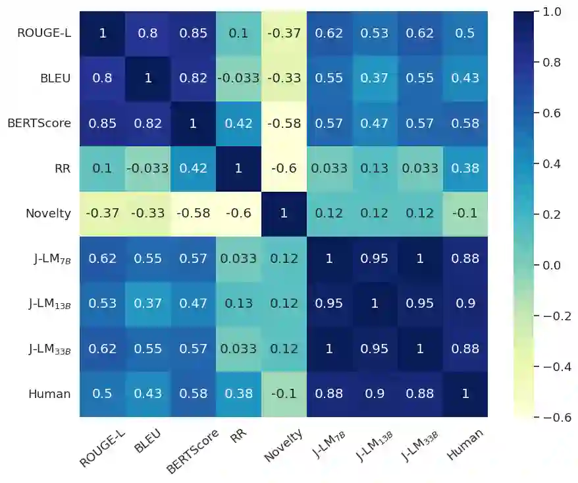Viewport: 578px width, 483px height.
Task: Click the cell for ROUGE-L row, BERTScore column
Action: click(193, 33)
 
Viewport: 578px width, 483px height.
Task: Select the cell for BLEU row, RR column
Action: click(238, 78)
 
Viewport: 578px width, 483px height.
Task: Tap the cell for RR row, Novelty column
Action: click(284, 168)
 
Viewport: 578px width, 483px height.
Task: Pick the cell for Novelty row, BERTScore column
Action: click(193, 213)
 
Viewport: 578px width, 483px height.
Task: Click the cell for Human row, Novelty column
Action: click(284, 394)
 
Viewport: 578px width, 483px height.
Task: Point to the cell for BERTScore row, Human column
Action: click(465, 123)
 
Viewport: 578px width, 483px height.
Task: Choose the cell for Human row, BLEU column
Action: click(148, 394)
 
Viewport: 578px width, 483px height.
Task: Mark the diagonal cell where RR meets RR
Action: click(238, 168)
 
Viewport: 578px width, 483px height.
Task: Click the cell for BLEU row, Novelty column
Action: click(284, 78)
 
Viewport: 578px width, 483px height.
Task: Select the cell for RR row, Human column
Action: click(465, 168)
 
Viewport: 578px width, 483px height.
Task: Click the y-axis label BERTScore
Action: click(39, 123)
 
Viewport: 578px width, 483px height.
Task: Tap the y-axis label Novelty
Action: click(48, 213)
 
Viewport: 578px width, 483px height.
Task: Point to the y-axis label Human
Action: click(49, 394)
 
